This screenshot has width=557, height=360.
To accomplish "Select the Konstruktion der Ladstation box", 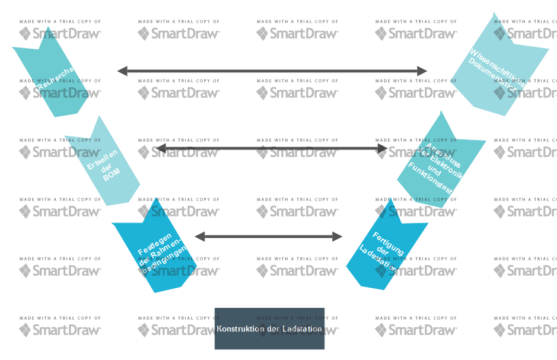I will click(269, 329).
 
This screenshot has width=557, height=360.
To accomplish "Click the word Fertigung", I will click(389, 243).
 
